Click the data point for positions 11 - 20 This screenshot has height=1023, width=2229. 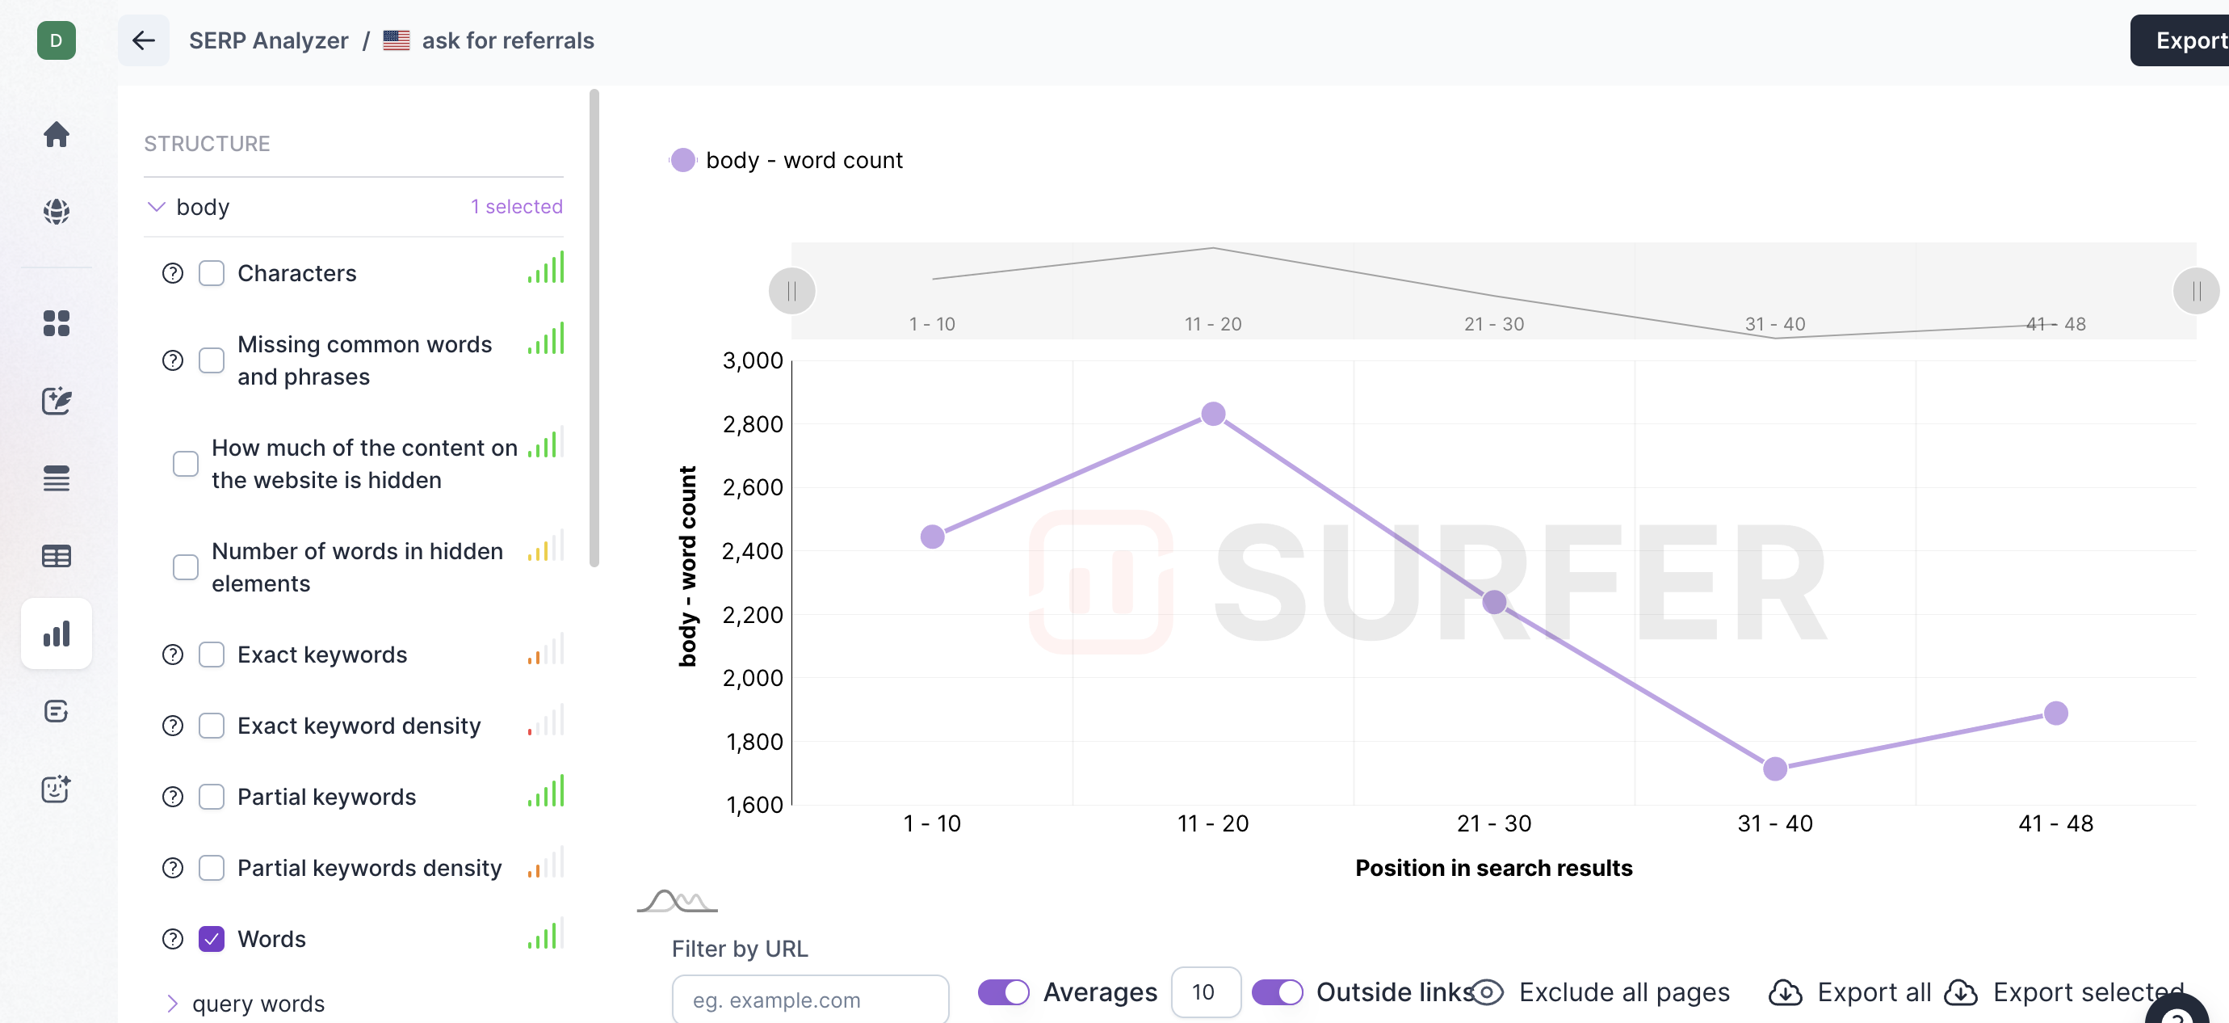pyautogui.click(x=1213, y=414)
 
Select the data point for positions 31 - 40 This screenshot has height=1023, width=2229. pyautogui.click(x=1775, y=768)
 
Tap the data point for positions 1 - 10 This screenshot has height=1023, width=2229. pyautogui.click(x=932, y=537)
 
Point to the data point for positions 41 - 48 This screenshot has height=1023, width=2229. pyautogui.click(x=2056, y=714)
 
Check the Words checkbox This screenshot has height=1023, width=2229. pyautogui.click(x=211, y=939)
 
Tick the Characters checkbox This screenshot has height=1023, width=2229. pyautogui.click(x=211, y=273)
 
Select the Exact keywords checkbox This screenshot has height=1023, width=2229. pyautogui.click(x=211, y=655)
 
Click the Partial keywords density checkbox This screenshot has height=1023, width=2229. pyautogui.click(x=211, y=867)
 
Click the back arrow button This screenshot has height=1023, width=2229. pyautogui.click(x=144, y=40)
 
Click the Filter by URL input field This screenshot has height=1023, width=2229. pyautogui.click(x=810, y=1000)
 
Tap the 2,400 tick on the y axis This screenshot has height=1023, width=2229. pyautogui.click(x=752, y=550)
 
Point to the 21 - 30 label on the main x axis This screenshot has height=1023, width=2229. pyautogui.click(x=1493, y=823)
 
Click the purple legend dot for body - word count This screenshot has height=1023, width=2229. pyautogui.click(x=682, y=160)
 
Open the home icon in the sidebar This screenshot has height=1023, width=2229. pyautogui.click(x=57, y=134)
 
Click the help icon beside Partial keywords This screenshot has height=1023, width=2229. pyautogui.click(x=173, y=796)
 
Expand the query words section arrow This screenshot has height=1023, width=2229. pyautogui.click(x=172, y=1003)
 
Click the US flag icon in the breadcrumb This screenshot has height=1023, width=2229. pyautogui.click(x=397, y=40)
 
